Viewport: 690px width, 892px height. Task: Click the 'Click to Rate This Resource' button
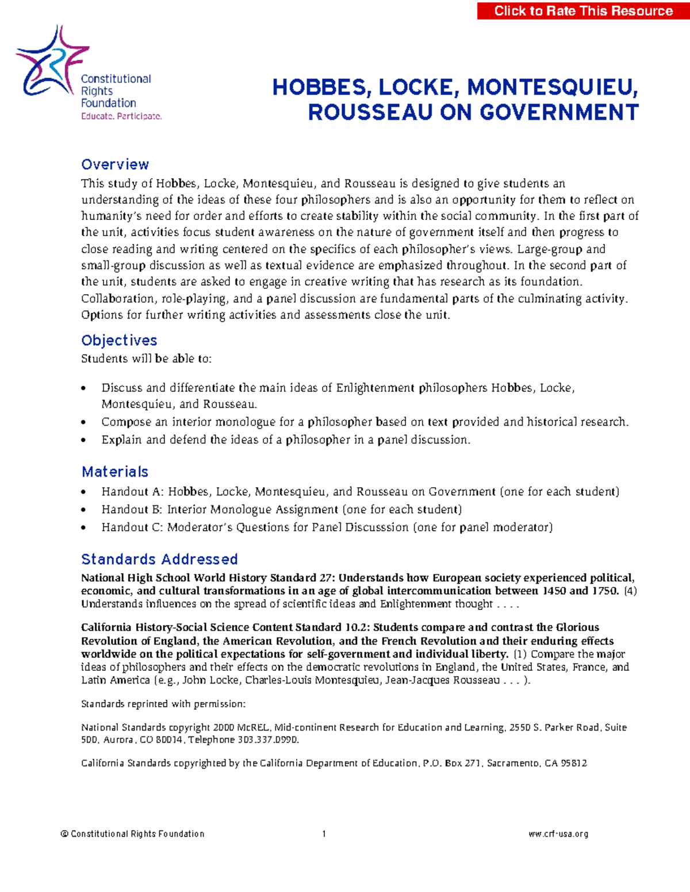click(x=583, y=10)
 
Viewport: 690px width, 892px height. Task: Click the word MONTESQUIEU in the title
click(x=552, y=87)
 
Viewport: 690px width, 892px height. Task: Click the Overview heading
click(x=115, y=165)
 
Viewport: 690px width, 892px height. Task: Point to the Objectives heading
click(x=119, y=340)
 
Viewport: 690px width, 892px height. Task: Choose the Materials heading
click(x=115, y=472)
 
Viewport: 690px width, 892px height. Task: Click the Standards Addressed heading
click(x=159, y=559)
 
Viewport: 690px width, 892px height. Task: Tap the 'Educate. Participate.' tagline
click(x=121, y=116)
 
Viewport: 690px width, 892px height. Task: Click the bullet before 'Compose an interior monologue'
click(x=84, y=422)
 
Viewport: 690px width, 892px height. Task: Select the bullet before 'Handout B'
click(x=84, y=510)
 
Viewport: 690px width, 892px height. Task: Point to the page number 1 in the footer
click(x=324, y=834)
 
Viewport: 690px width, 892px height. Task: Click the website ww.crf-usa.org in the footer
click(x=558, y=834)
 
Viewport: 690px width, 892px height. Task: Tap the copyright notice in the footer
click(x=132, y=834)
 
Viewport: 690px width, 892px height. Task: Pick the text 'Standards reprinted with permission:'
click(x=163, y=704)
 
